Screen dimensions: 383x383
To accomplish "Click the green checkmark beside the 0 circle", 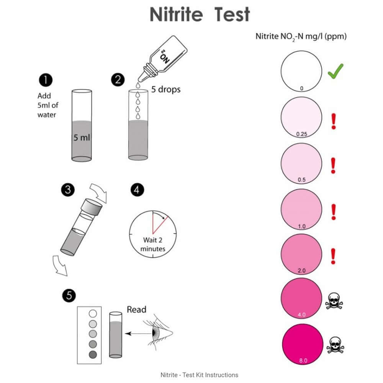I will (336, 71).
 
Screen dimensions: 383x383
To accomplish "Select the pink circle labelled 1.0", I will (301, 210).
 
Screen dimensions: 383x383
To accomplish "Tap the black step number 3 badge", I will (68, 190).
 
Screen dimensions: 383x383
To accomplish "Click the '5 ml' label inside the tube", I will (82, 137).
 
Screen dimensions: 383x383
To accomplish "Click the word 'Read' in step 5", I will (136, 309).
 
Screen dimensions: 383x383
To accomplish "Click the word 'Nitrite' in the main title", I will (176, 15).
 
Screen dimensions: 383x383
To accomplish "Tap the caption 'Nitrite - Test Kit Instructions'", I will (199, 375).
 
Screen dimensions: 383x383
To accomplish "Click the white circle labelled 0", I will (301, 72).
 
